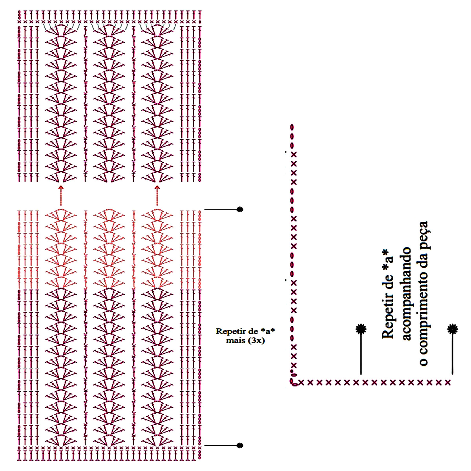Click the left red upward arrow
pyautogui.click(x=61, y=195)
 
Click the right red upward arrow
pyautogui.click(x=157, y=195)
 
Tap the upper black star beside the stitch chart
pyautogui.click(x=240, y=209)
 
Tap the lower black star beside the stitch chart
pyautogui.click(x=240, y=445)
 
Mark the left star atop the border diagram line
pyautogui.click(x=361, y=329)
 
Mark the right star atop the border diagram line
pyautogui.click(x=453, y=329)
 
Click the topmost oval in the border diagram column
pyautogui.click(x=292, y=127)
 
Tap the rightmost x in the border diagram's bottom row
pyautogui.click(x=448, y=382)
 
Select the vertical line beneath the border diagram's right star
pyautogui.click(x=453, y=353)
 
